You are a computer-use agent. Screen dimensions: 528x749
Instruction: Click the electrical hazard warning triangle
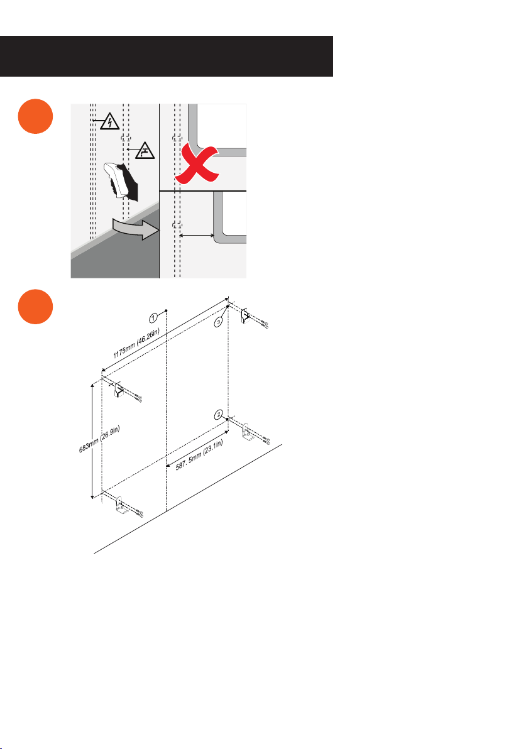[110, 122]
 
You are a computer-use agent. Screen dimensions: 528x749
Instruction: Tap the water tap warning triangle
[145, 151]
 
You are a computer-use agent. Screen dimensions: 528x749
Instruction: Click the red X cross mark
[196, 162]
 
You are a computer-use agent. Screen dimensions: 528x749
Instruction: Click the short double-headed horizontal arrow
[196, 235]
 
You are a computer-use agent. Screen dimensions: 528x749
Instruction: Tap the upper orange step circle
[35, 116]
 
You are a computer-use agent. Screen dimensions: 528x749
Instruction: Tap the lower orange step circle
[35, 307]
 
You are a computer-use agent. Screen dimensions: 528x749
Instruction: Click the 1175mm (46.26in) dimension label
[136, 344]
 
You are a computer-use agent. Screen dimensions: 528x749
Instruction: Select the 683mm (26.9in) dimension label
[99, 439]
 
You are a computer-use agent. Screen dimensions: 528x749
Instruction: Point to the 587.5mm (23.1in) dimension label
[199, 455]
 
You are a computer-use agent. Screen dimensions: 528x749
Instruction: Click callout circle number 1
[153, 318]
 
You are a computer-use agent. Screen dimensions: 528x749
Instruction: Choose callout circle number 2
[218, 415]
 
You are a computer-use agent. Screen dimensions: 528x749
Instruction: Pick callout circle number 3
[218, 322]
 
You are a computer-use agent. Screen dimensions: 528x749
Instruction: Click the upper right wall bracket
[246, 316]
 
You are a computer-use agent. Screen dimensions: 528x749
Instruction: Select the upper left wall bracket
[119, 391]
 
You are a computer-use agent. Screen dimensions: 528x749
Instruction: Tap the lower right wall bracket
[247, 432]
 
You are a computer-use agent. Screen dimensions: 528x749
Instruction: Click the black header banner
[167, 56]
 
